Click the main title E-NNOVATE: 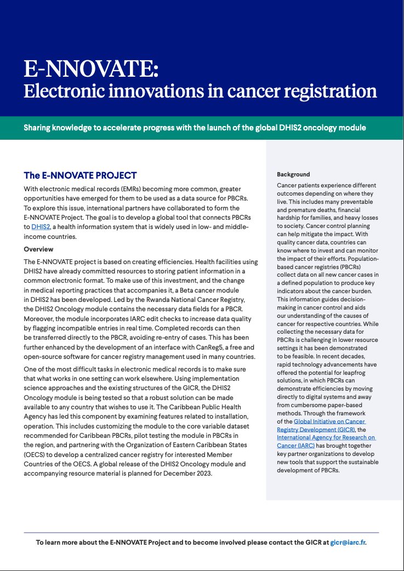[91, 70]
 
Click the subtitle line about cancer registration [200, 91]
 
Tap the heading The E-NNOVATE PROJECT [80, 175]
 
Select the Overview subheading [38, 249]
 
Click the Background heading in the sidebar [293, 174]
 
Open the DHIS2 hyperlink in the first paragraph [40, 226]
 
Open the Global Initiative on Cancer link [329, 421]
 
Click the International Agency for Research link [326, 437]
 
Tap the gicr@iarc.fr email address [348, 543]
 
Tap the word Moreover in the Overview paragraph [41, 318]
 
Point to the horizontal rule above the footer [201, 532]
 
